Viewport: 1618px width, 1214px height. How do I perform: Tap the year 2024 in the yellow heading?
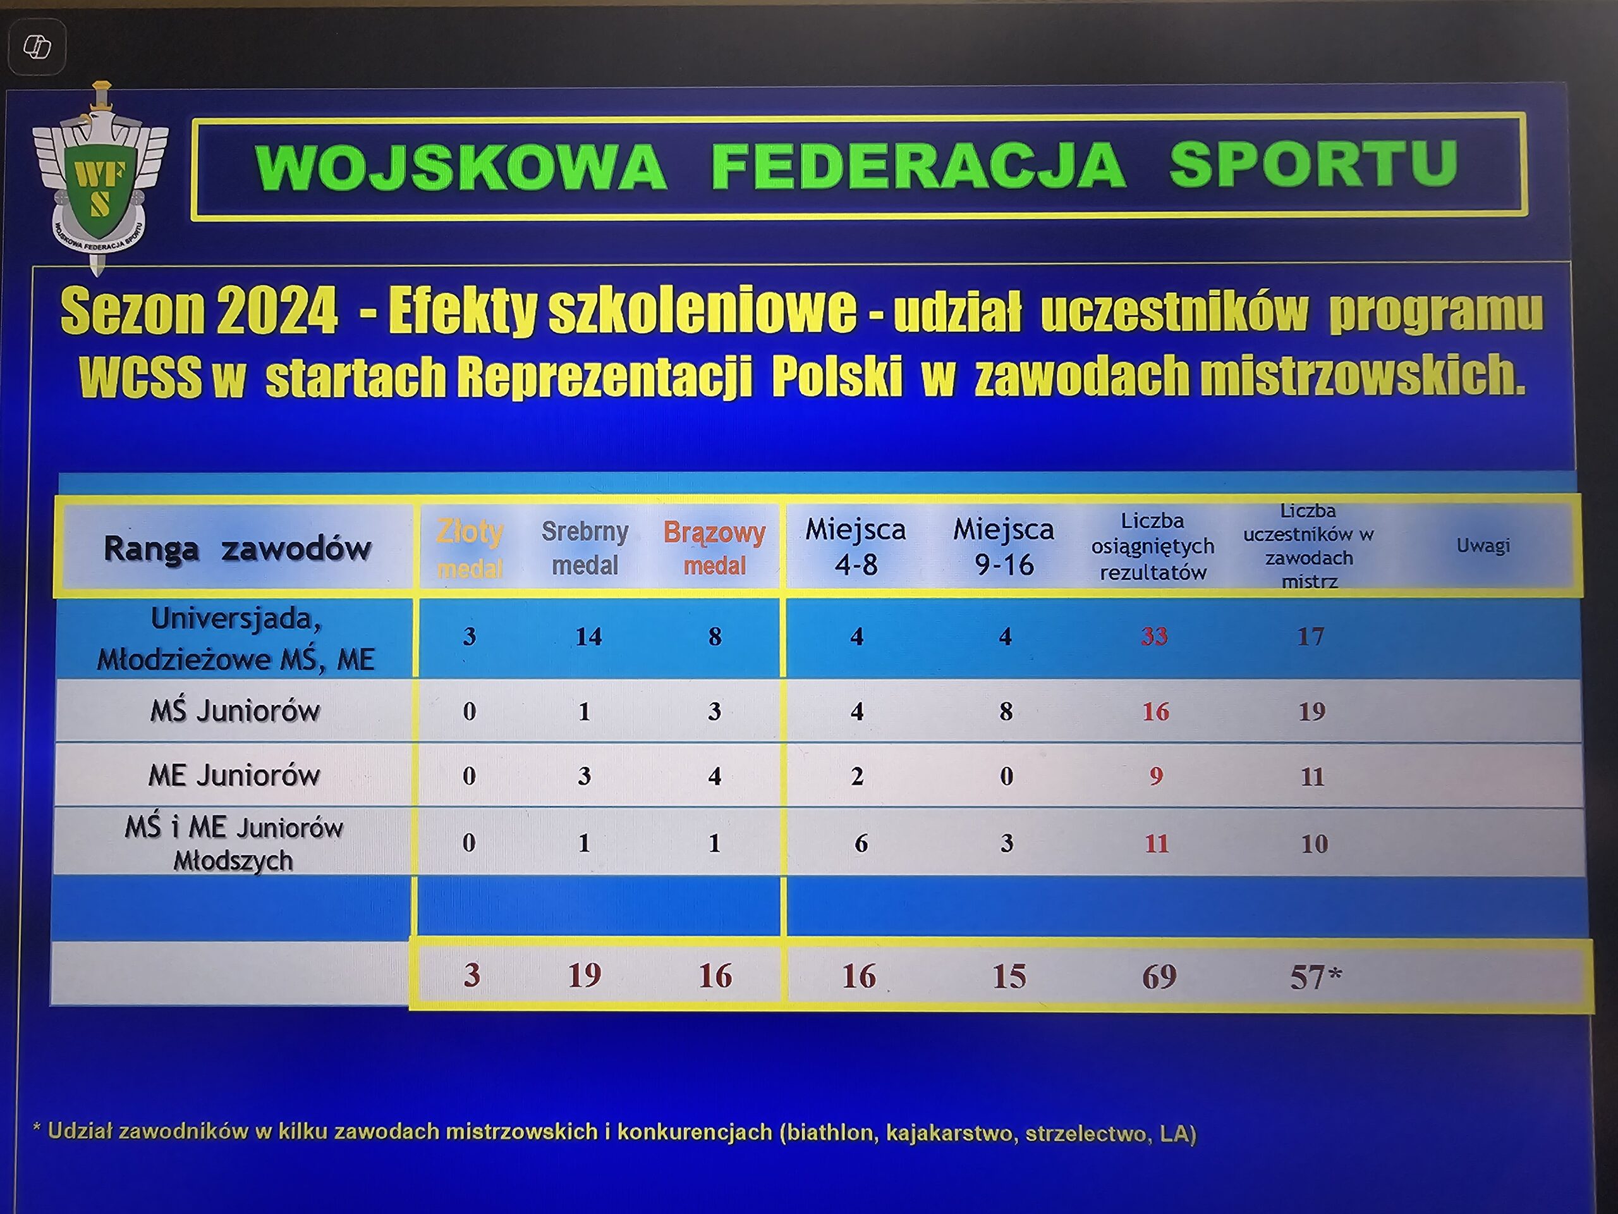click(x=277, y=310)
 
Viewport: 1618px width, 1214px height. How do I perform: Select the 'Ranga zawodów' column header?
click(x=237, y=548)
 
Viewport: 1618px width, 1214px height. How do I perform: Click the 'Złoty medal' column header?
click(x=470, y=549)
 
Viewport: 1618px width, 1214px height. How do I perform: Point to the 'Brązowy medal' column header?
click(x=714, y=549)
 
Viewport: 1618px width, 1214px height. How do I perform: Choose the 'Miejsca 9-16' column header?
click(x=1004, y=547)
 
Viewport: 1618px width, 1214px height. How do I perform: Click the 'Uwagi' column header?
click(x=1483, y=545)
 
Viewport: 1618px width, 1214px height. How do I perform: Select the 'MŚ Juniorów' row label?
click(x=235, y=711)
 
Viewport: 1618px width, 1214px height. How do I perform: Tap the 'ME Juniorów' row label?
click(x=234, y=775)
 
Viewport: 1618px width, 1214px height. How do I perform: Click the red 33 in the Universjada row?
click(x=1154, y=636)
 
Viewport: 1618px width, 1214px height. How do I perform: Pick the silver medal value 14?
click(x=588, y=637)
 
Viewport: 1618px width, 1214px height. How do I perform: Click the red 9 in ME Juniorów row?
click(x=1156, y=776)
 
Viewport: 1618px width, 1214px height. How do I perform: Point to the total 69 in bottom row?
click(x=1159, y=977)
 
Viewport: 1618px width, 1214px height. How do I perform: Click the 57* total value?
click(x=1315, y=977)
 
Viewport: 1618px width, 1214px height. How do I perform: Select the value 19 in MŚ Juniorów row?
click(x=1311, y=711)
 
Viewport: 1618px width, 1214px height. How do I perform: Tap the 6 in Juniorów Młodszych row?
click(x=861, y=843)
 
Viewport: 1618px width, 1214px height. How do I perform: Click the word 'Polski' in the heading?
click(x=837, y=376)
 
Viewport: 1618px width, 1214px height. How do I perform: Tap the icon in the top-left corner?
click(x=37, y=47)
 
